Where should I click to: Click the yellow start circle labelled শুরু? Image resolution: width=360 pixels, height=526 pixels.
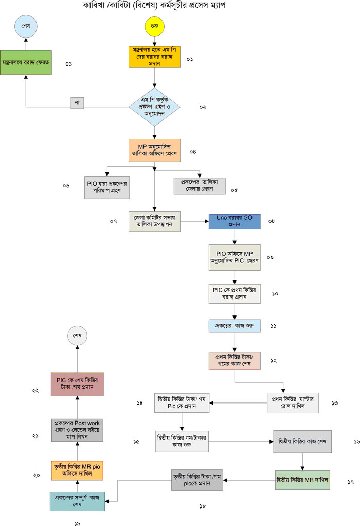click(x=154, y=26)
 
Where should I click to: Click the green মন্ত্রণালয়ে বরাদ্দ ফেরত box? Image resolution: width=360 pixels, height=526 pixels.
click(x=26, y=62)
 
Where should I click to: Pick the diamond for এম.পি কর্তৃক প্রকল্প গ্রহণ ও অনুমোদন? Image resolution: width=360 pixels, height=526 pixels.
click(x=154, y=107)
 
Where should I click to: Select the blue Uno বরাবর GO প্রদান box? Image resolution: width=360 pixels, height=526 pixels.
click(x=235, y=221)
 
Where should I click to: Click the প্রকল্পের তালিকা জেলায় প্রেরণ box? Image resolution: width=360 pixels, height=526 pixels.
click(x=199, y=185)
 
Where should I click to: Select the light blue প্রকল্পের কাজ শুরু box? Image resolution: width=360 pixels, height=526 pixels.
click(x=235, y=326)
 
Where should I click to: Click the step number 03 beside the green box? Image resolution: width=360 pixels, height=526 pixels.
click(x=68, y=64)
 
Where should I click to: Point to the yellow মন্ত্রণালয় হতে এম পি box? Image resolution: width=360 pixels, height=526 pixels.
click(x=154, y=57)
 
